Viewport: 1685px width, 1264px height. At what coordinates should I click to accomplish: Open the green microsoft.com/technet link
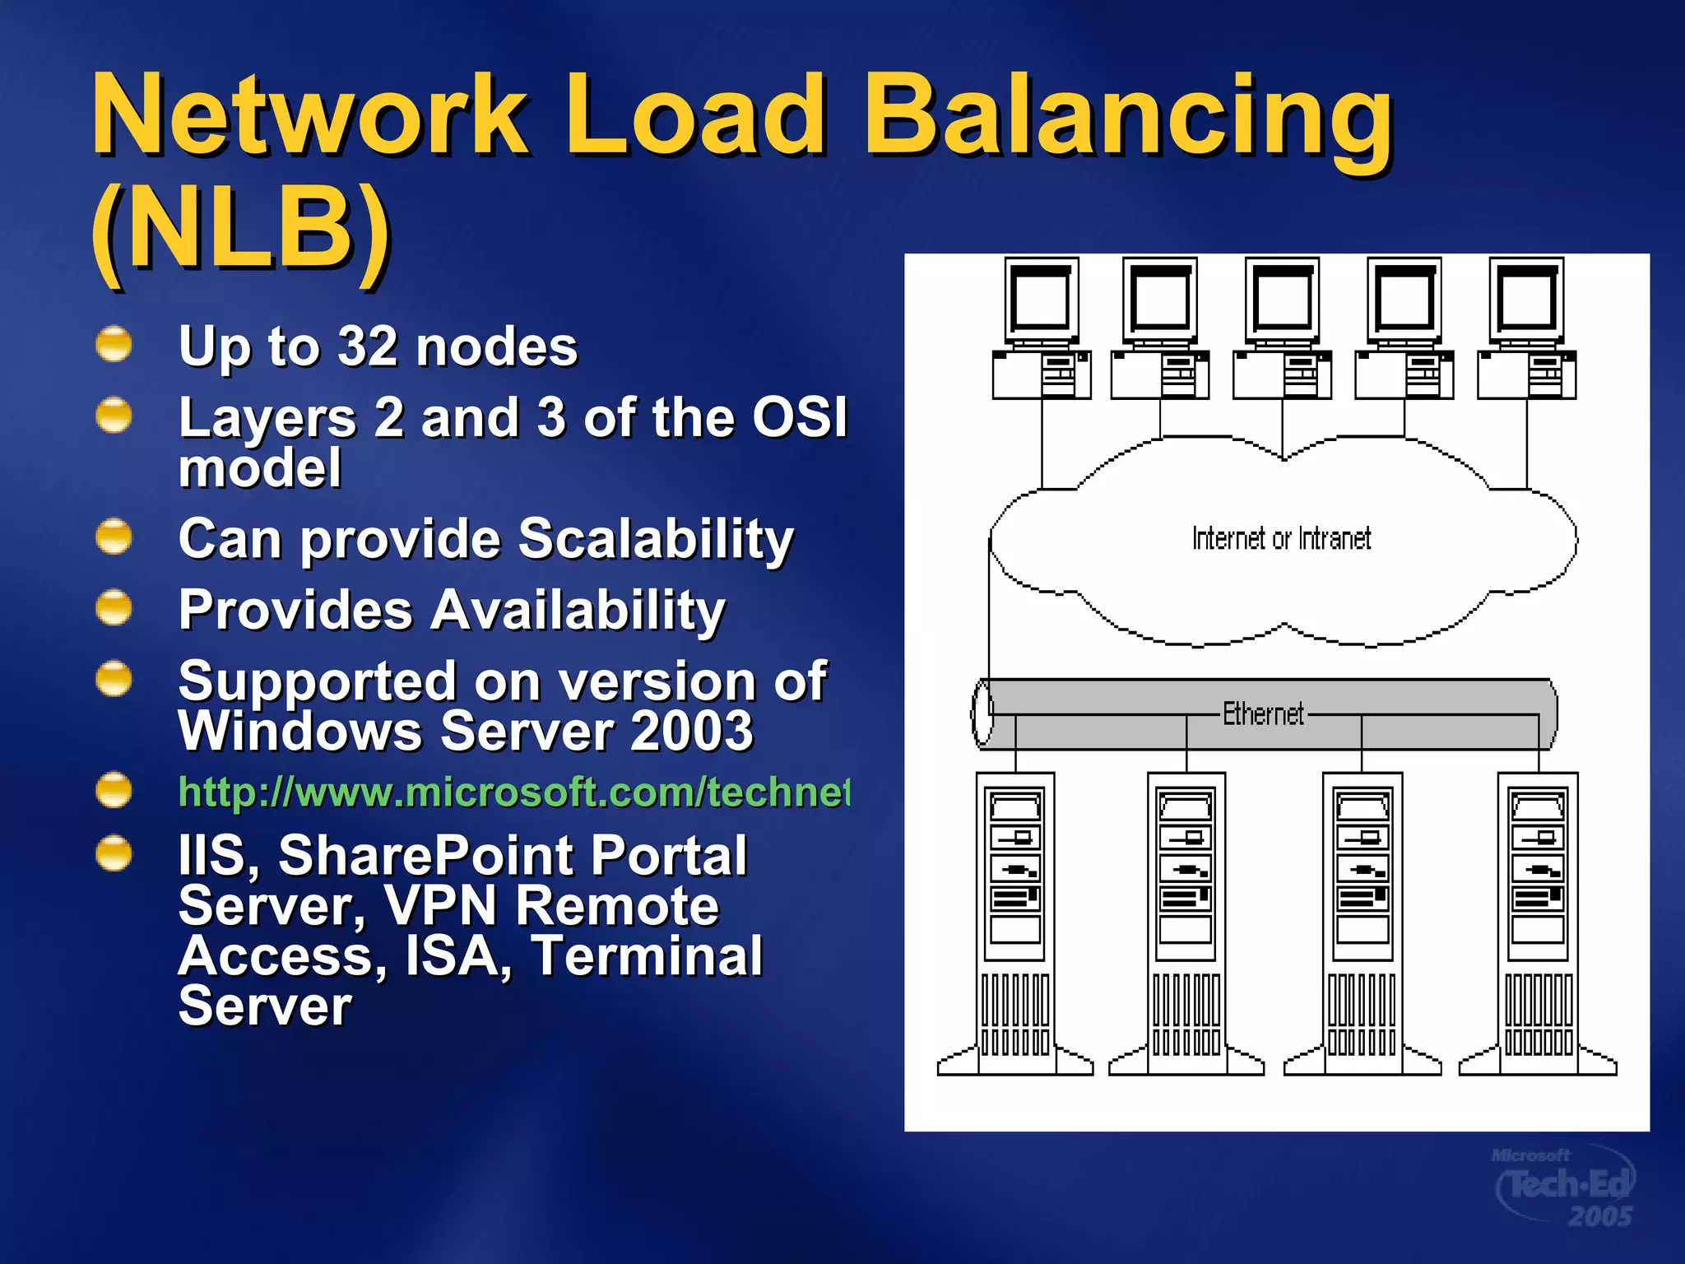(x=513, y=792)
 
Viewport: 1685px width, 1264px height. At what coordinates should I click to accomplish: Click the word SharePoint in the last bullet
(x=512, y=855)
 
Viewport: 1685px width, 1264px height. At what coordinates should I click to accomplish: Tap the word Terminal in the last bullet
(x=647, y=956)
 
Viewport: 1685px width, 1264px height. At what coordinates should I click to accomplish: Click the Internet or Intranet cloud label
(x=1281, y=539)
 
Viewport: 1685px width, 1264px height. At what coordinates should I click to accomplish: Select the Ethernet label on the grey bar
(x=1263, y=713)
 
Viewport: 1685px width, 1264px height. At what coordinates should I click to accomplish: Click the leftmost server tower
(x=1015, y=922)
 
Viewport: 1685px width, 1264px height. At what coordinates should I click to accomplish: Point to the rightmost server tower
(x=1538, y=922)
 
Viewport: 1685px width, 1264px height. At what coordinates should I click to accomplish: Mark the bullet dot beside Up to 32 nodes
(x=114, y=344)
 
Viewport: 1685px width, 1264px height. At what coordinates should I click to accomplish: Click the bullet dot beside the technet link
(x=114, y=790)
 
